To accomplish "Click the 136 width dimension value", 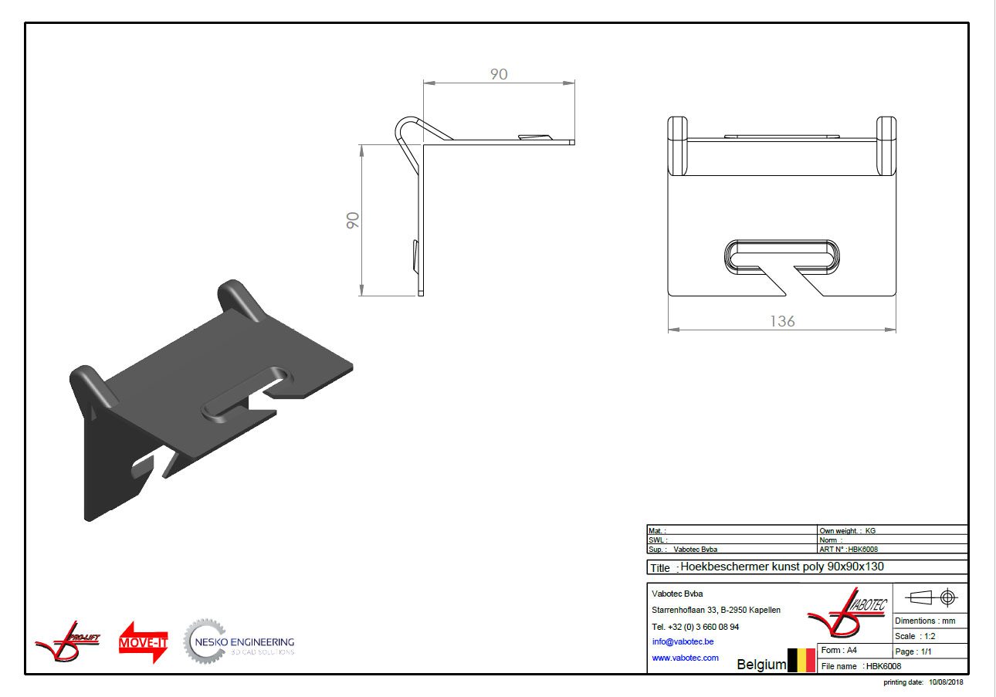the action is click(782, 321).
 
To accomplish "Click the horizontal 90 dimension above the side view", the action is click(499, 74).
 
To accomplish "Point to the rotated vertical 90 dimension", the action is click(353, 221).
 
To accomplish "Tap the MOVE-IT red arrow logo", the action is click(143, 642).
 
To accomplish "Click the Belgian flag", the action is click(801, 661).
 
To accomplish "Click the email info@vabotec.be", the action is click(683, 641).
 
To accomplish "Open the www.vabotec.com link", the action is click(685, 658).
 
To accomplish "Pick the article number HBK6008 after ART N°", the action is click(862, 549).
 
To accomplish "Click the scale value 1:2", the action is click(930, 636).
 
